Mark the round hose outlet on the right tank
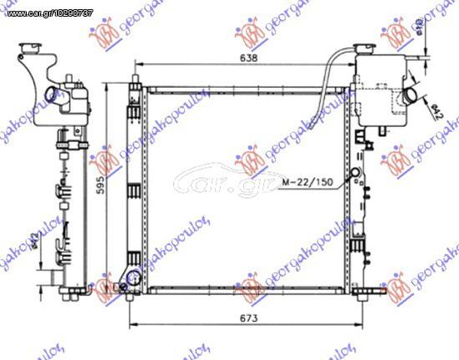click(x=411, y=96)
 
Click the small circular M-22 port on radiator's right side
click(x=357, y=175)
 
